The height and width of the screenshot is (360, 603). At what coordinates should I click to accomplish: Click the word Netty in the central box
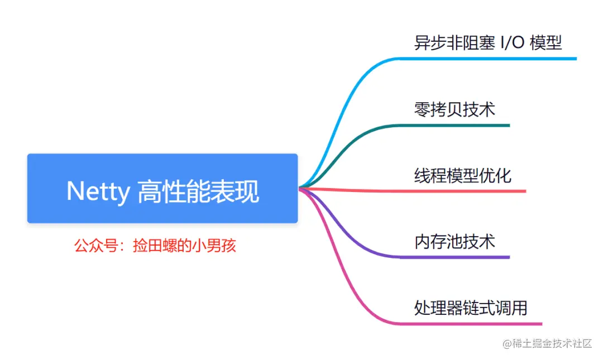tap(98, 191)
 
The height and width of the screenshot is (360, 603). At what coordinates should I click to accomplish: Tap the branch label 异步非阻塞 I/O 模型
tap(487, 43)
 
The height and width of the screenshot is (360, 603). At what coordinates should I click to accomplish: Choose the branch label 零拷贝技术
tap(454, 109)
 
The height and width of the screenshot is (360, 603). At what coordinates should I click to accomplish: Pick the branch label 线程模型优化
tap(463, 176)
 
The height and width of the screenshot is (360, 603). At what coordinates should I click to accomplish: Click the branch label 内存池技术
tap(454, 242)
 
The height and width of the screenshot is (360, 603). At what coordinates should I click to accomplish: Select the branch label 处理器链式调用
tap(471, 308)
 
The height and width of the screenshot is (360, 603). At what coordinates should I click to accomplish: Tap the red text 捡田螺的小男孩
tap(185, 246)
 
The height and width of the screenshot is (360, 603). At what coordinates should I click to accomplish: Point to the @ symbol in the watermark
tap(508, 344)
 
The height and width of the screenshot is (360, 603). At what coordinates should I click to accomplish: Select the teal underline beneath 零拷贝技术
tap(458, 125)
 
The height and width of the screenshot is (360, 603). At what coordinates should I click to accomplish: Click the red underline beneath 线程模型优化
tap(469, 191)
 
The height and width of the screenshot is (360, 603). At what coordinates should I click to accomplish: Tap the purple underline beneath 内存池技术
tap(458, 257)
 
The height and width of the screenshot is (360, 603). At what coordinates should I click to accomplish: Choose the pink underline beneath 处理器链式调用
tap(475, 323)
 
